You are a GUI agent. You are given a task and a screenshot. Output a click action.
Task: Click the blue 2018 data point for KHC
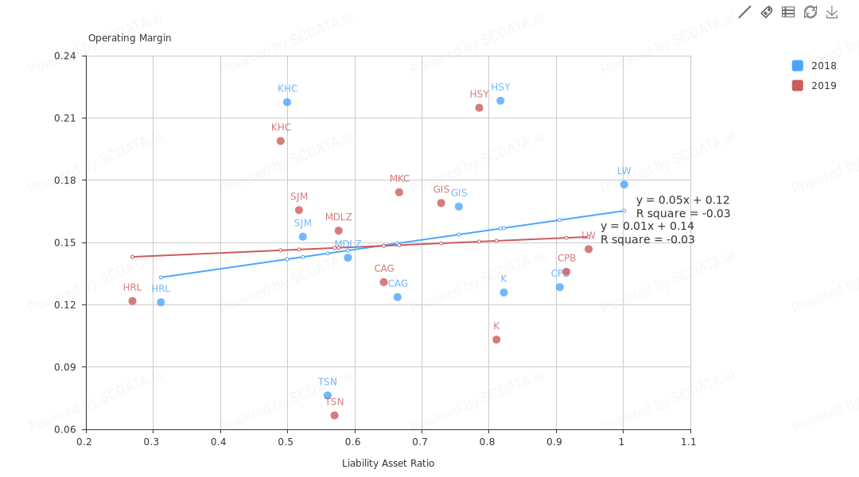click(287, 102)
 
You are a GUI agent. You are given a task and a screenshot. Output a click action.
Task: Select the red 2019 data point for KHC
click(281, 141)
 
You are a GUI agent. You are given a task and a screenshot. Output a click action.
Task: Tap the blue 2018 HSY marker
click(500, 101)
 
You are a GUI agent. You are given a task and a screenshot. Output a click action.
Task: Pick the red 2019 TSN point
click(335, 415)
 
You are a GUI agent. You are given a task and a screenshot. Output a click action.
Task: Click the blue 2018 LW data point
click(624, 184)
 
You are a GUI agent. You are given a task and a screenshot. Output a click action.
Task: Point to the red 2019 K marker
click(496, 339)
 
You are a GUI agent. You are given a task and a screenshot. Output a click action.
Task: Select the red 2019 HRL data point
click(133, 301)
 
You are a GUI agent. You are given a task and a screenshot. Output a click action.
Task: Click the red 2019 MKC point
click(399, 192)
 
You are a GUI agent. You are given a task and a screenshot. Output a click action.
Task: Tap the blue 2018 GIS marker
click(459, 207)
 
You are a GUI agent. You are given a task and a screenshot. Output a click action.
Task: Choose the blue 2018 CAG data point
click(398, 297)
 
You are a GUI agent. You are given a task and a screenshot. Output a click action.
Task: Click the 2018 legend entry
click(814, 66)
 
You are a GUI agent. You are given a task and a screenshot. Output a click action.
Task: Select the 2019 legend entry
click(814, 86)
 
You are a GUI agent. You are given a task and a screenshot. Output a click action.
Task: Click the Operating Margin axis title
click(130, 38)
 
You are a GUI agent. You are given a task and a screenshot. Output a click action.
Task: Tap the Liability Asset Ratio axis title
click(388, 463)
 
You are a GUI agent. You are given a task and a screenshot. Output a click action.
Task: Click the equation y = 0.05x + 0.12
click(682, 200)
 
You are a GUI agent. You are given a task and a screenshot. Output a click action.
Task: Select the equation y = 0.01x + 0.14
click(647, 226)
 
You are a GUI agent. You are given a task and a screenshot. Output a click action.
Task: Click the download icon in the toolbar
click(832, 12)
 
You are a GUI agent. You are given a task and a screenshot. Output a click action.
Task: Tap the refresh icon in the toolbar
click(810, 12)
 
